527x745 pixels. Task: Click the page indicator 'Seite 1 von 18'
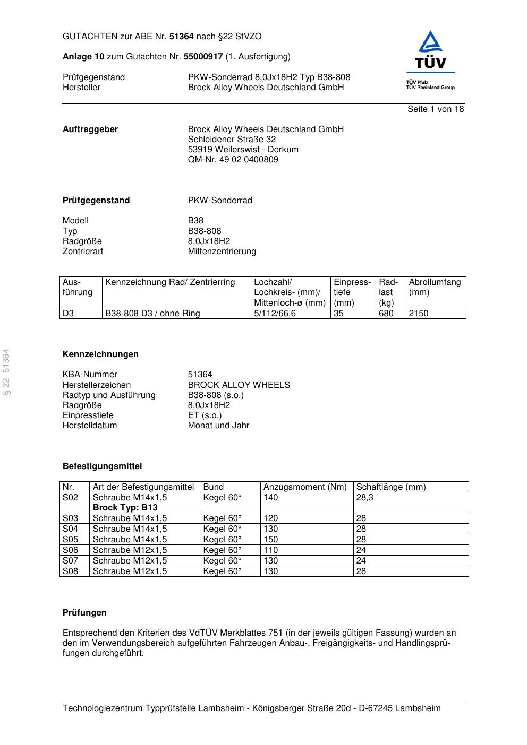click(x=435, y=109)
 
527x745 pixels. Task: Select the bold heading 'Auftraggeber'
click(x=90, y=129)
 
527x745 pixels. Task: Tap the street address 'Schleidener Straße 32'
click(x=232, y=140)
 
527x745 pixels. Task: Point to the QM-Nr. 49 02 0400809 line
click(x=233, y=160)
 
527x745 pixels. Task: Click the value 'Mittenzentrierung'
click(x=222, y=252)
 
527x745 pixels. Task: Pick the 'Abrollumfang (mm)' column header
click(x=435, y=287)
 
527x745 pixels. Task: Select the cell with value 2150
click(x=419, y=314)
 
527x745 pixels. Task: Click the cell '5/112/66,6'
click(x=275, y=314)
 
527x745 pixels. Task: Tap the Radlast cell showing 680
click(x=386, y=314)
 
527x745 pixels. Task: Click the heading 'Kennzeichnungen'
click(x=100, y=354)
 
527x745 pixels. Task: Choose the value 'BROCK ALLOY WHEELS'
click(x=239, y=385)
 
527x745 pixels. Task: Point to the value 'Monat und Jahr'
click(x=218, y=426)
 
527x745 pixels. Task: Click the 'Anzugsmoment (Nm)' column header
click(x=305, y=487)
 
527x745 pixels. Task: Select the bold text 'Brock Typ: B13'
click(x=125, y=508)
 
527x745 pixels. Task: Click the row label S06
click(x=70, y=550)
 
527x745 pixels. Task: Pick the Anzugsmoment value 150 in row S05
click(x=270, y=540)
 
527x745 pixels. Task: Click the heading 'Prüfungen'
click(x=84, y=613)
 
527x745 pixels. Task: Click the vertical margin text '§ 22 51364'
click(x=6, y=371)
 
